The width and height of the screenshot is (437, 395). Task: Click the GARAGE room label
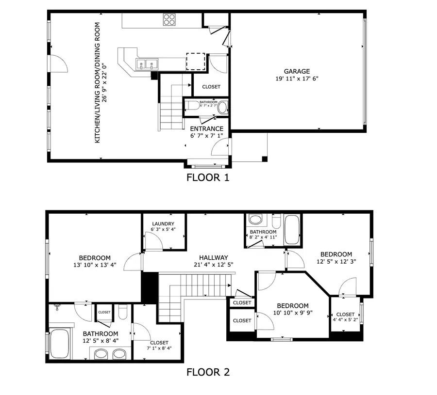point(297,71)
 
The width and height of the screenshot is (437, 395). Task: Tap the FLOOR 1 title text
point(207,178)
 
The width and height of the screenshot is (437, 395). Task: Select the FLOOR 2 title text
point(208,372)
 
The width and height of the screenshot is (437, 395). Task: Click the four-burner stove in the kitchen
point(169,19)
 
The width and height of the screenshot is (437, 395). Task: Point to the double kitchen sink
point(147,64)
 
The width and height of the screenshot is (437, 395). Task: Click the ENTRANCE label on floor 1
point(206,129)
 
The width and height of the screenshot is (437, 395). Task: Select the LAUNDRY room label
point(162,223)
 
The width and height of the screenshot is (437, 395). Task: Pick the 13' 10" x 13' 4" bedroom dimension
point(95,265)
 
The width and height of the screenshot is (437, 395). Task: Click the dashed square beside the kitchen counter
point(196,62)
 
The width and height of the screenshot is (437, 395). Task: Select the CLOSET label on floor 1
point(211,87)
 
